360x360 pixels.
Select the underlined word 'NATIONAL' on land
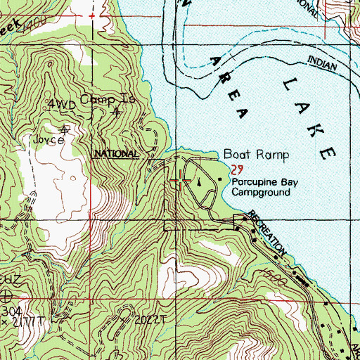(x=117, y=153)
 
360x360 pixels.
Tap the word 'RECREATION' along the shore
(x=267, y=233)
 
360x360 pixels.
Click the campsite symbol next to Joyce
(x=65, y=130)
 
